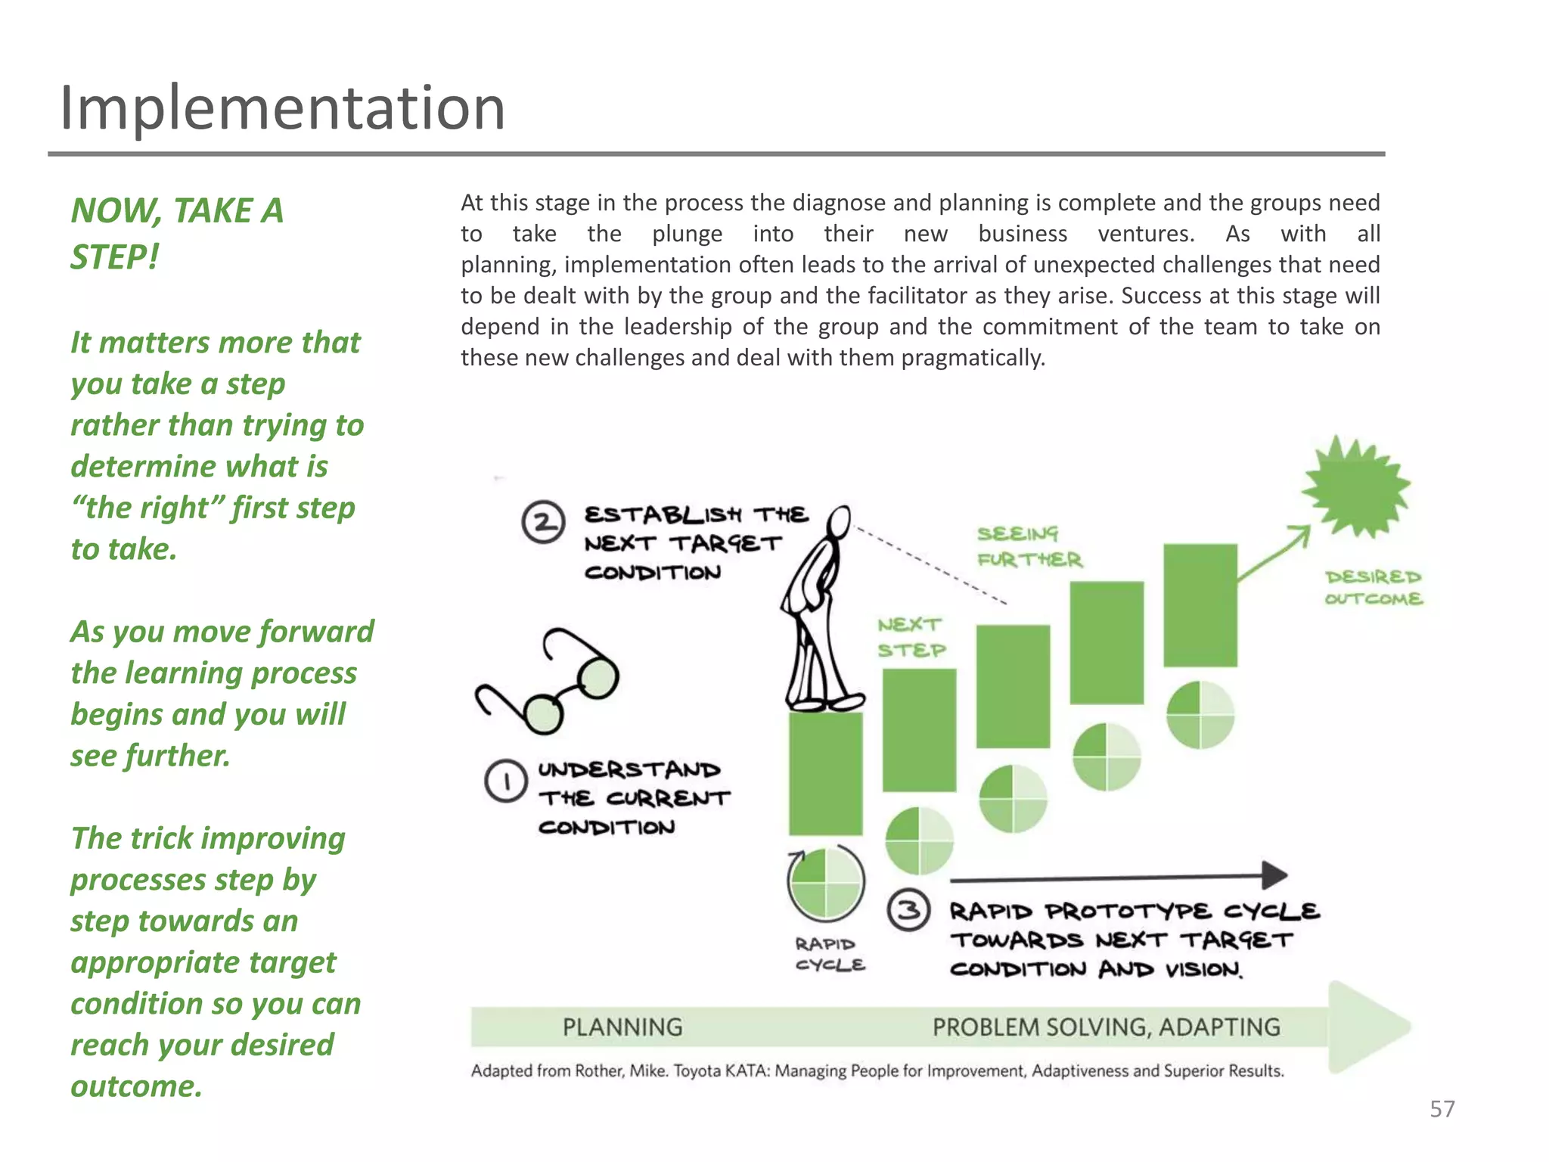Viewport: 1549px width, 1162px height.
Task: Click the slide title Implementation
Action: point(282,108)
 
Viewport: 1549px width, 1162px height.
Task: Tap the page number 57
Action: point(1442,1109)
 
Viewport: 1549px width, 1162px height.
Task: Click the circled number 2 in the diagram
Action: point(543,522)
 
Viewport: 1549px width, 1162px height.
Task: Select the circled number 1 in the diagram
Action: point(505,781)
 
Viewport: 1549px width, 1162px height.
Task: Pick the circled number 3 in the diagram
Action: point(908,909)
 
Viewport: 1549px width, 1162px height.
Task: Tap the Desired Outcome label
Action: point(1373,588)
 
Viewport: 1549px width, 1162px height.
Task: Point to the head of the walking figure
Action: point(839,521)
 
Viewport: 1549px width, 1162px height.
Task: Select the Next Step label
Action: point(911,637)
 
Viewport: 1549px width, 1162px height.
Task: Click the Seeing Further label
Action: point(1029,546)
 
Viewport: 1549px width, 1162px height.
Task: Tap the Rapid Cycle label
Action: point(829,954)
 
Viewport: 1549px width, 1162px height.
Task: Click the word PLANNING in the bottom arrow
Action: point(622,1027)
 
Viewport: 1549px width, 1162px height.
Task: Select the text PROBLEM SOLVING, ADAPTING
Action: point(1106,1027)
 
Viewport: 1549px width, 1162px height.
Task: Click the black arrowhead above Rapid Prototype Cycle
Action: point(1275,875)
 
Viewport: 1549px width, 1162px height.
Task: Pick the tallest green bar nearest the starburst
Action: point(1200,605)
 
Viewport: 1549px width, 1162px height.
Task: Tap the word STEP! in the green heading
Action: point(115,257)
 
